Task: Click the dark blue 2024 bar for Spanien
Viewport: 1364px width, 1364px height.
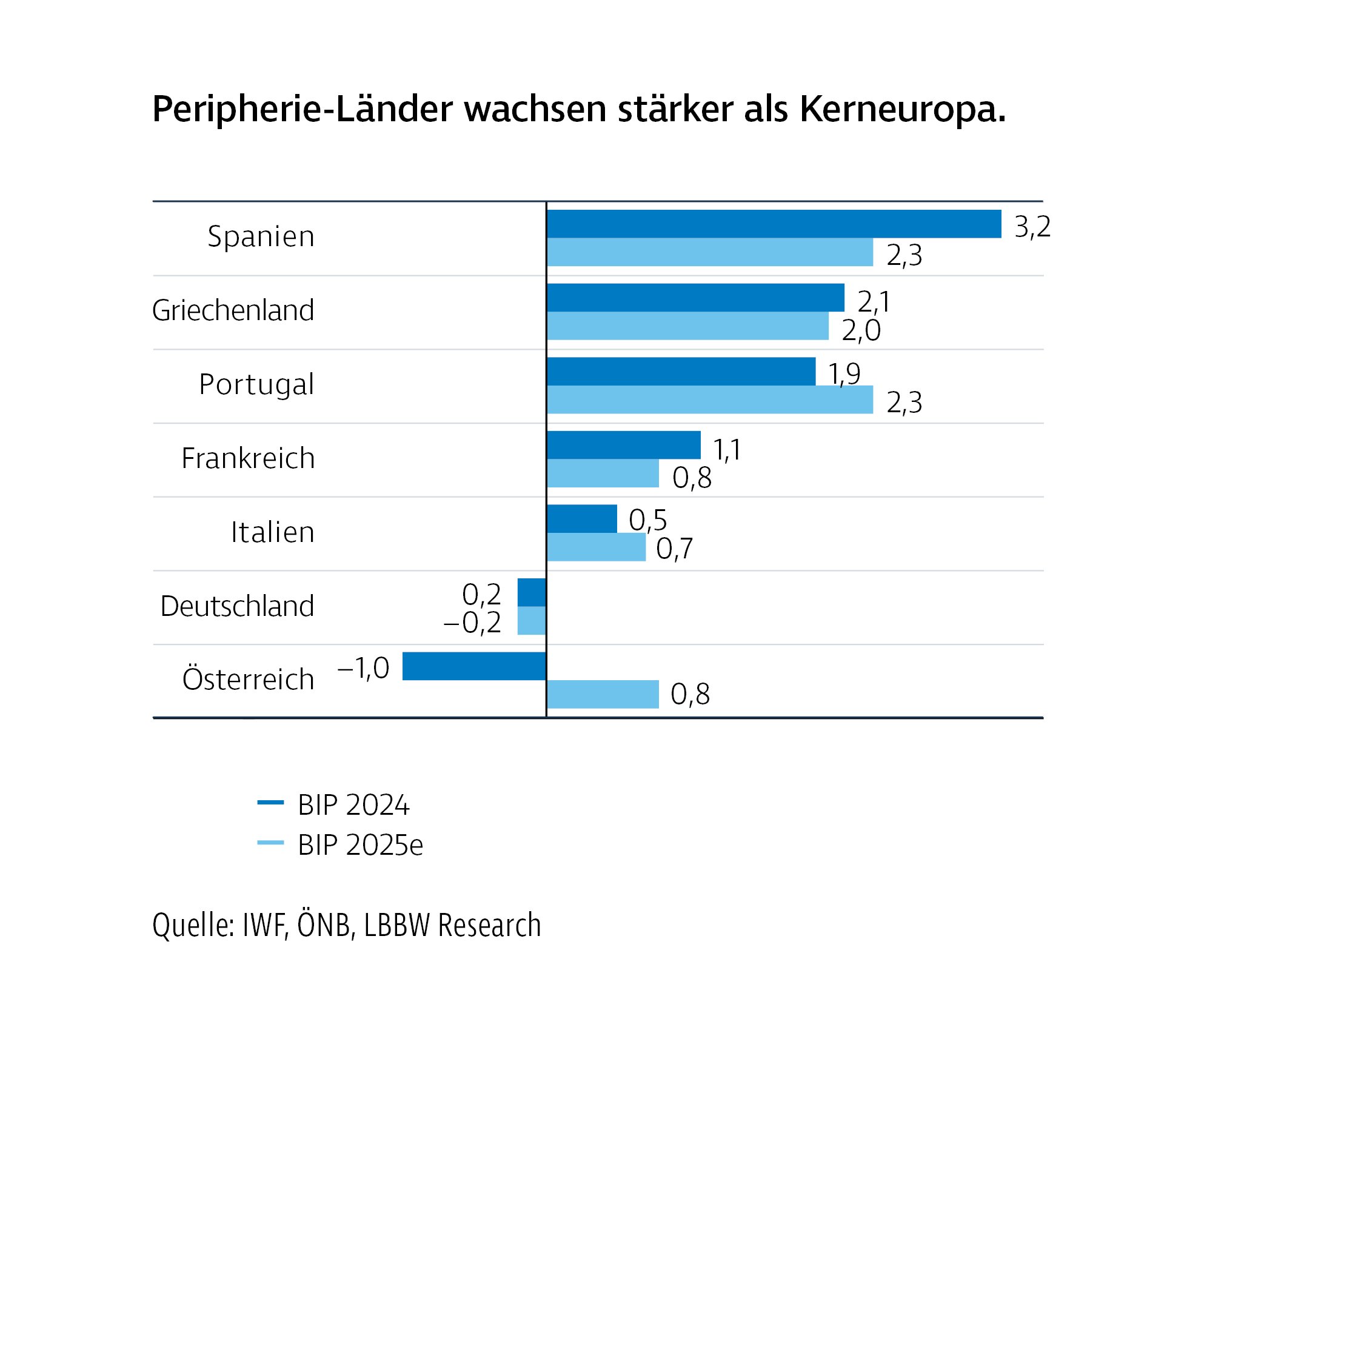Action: click(x=774, y=224)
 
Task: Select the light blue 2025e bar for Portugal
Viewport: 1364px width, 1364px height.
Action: click(x=709, y=400)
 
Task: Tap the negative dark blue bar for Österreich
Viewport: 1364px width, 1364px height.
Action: click(x=473, y=666)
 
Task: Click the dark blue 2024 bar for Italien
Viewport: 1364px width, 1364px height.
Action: click(x=582, y=519)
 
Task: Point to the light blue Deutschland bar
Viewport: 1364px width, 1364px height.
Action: click(x=532, y=621)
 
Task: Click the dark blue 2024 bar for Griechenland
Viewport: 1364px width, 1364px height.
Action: click(x=695, y=297)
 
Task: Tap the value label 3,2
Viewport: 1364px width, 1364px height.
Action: click(x=1032, y=227)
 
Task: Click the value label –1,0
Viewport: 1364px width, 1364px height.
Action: click(x=364, y=667)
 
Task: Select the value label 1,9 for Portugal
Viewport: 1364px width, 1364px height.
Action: click(x=844, y=373)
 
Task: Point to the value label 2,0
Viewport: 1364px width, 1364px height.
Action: click(x=861, y=330)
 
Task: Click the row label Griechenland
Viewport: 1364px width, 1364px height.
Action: click(x=233, y=310)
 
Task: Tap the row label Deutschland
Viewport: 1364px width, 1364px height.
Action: click(x=236, y=606)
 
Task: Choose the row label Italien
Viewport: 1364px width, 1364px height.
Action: click(x=273, y=532)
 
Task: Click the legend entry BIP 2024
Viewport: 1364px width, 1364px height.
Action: click(x=353, y=805)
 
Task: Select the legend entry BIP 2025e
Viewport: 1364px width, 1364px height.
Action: click(x=360, y=845)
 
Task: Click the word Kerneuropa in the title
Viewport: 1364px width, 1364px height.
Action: click(x=901, y=110)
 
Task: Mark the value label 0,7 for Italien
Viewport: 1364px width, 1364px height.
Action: click(x=674, y=549)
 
